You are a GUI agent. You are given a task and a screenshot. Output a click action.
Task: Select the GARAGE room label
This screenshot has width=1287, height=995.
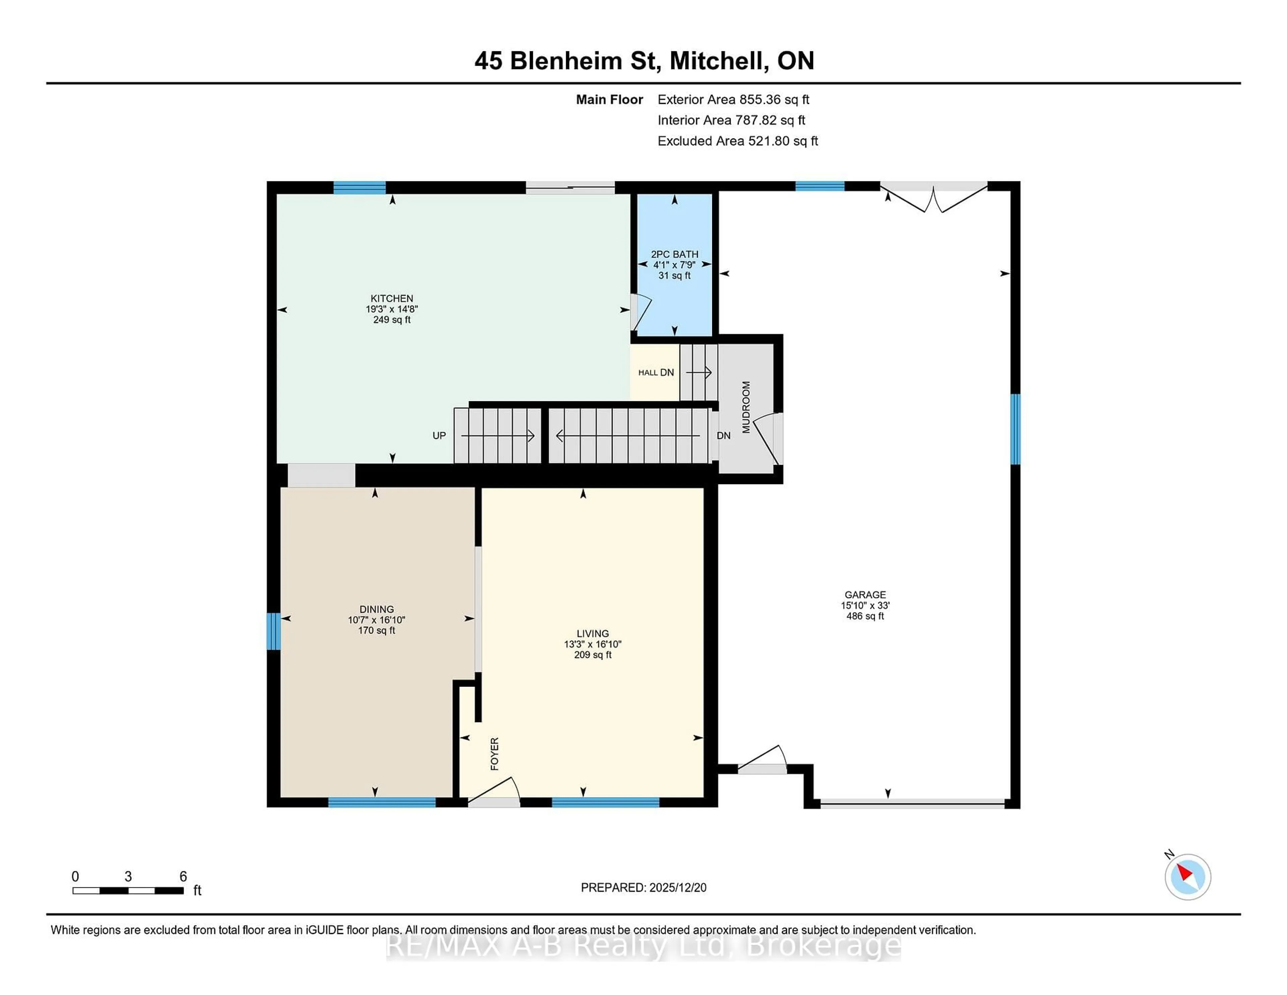[864, 595]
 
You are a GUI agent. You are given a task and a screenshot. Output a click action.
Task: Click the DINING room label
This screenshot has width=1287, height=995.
[377, 609]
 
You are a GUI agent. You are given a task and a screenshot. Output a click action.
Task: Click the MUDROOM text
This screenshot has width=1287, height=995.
[746, 407]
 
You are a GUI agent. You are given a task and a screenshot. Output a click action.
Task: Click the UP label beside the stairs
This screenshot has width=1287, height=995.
[439, 435]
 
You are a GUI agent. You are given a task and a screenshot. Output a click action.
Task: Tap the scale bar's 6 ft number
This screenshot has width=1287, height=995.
[183, 877]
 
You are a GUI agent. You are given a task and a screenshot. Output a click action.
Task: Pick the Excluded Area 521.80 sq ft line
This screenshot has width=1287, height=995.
[737, 141]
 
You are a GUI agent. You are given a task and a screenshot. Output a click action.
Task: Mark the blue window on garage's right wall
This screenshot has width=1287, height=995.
[1015, 429]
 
